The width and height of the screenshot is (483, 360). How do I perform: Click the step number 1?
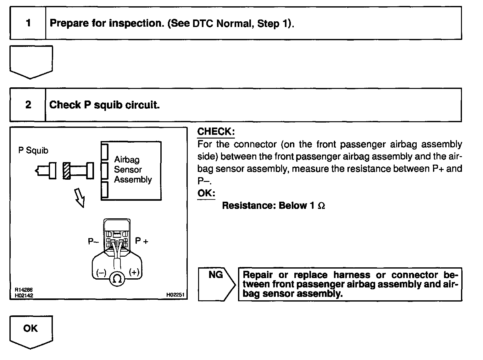(x=28, y=23)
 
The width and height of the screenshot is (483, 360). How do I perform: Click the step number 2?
(x=28, y=104)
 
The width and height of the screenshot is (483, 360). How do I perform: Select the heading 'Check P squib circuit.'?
(x=104, y=105)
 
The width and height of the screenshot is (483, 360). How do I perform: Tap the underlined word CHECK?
(x=216, y=132)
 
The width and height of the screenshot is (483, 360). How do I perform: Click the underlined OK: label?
(x=206, y=193)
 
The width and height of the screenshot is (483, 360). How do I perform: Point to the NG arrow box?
(x=217, y=284)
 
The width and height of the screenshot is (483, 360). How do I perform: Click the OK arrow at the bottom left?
(x=31, y=331)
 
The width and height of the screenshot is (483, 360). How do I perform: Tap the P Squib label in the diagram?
(x=33, y=150)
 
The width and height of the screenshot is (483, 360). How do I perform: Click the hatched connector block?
(x=66, y=171)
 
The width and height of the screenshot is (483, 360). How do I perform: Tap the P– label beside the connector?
(x=93, y=241)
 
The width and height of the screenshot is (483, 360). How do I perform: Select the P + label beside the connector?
(x=142, y=241)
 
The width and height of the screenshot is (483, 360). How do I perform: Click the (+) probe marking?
(x=134, y=272)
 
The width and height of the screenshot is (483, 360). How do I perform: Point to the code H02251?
(x=175, y=295)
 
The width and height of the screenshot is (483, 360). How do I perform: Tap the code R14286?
(x=24, y=290)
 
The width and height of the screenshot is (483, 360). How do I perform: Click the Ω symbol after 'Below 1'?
(x=321, y=206)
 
